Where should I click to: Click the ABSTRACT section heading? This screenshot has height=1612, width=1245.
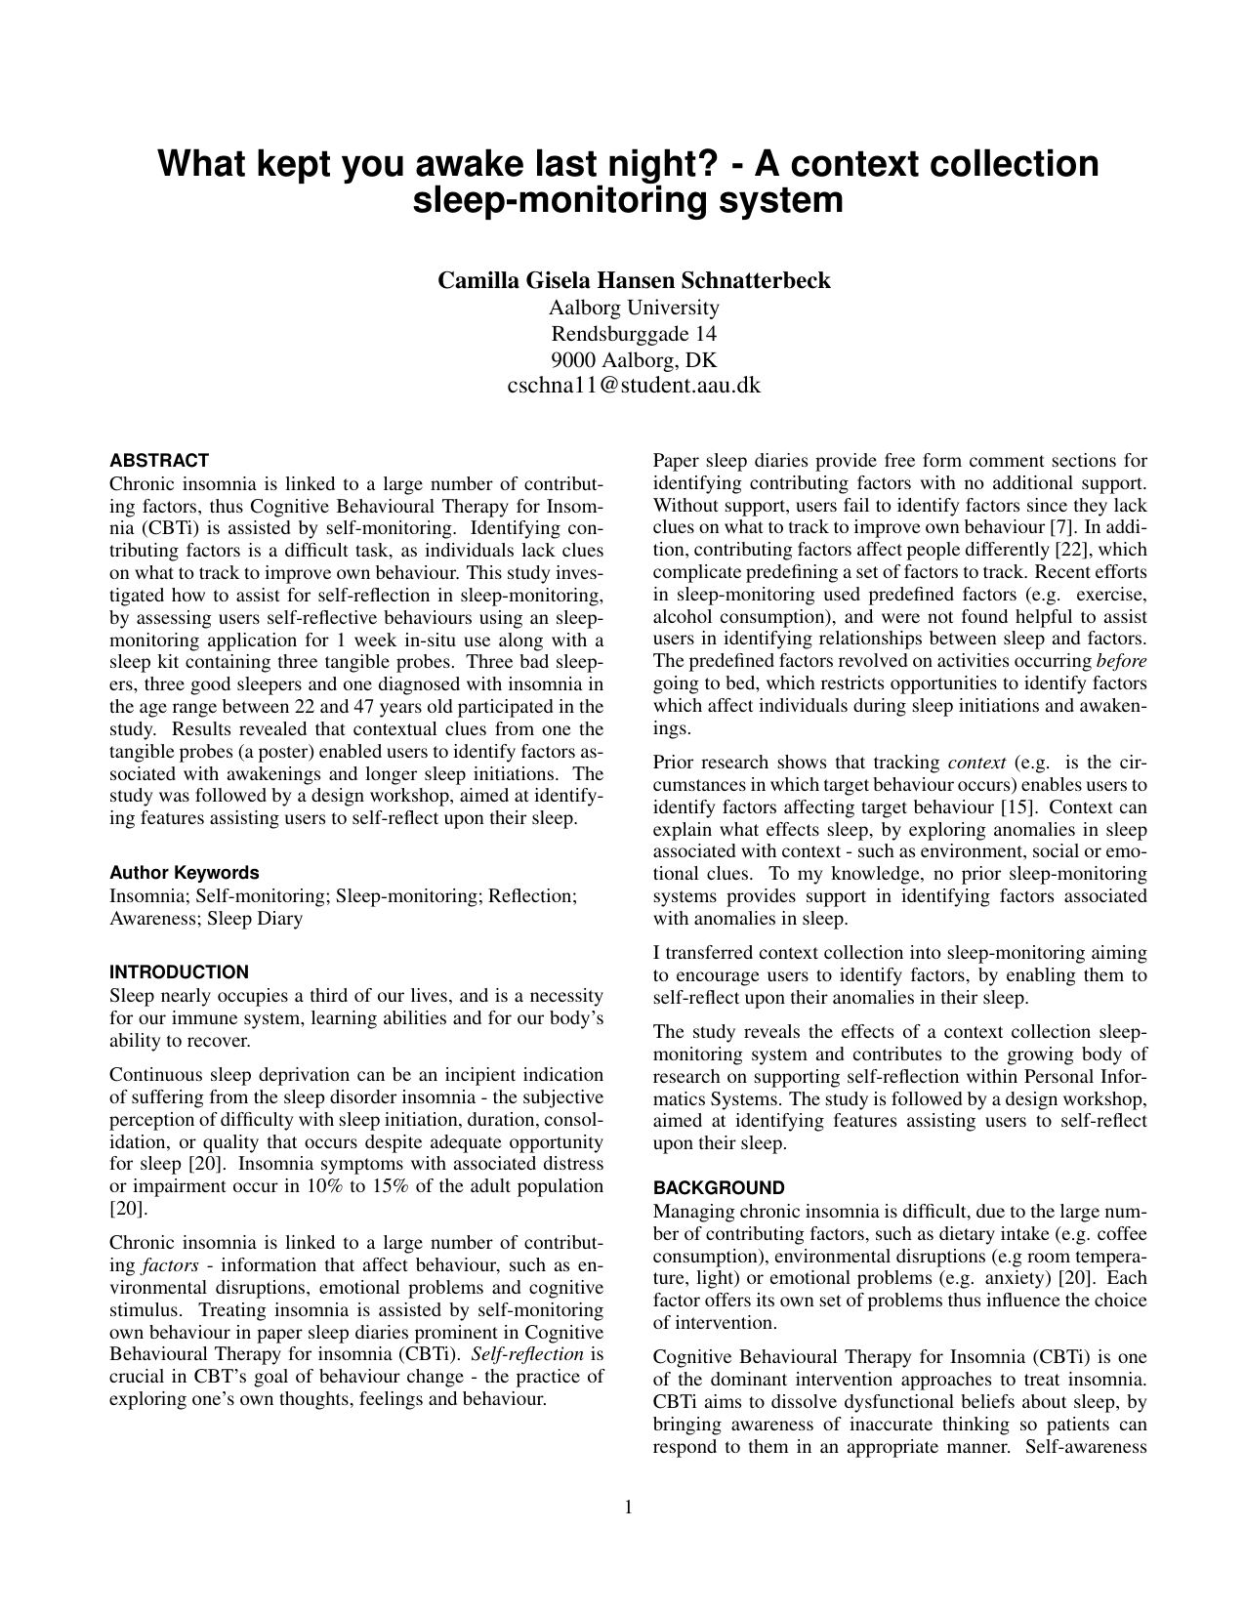coord(159,460)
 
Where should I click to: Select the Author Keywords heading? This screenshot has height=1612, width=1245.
coord(184,873)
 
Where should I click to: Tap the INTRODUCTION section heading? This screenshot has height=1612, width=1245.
coord(179,971)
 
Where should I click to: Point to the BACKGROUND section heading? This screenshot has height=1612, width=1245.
coord(718,1187)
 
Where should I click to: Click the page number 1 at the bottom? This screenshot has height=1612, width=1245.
coord(629,1508)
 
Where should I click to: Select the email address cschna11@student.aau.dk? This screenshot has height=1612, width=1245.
coord(634,386)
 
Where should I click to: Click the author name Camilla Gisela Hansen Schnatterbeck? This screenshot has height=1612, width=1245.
coord(634,281)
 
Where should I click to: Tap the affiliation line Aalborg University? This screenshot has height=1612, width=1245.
coord(634,309)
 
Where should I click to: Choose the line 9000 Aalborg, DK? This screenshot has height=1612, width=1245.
coord(634,359)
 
